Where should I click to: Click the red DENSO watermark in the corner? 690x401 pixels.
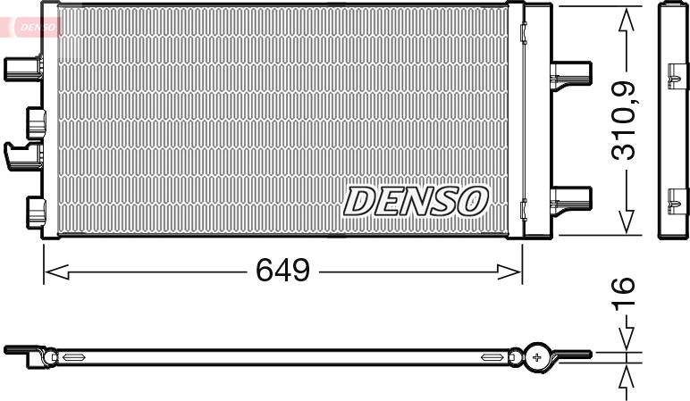33,28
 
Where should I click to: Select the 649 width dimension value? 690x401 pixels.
283,270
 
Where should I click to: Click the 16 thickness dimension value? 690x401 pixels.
624,290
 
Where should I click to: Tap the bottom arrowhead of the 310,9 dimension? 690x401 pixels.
626,222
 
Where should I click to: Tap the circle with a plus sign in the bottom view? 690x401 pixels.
537,356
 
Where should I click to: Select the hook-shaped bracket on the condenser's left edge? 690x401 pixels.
23,155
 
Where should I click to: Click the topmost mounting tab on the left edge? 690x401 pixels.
22,67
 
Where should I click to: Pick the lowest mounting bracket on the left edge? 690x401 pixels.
36,211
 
